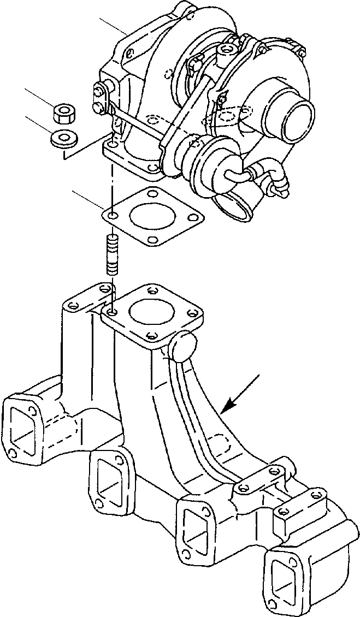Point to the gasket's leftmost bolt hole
point(113,216)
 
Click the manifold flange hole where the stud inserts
point(112,312)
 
